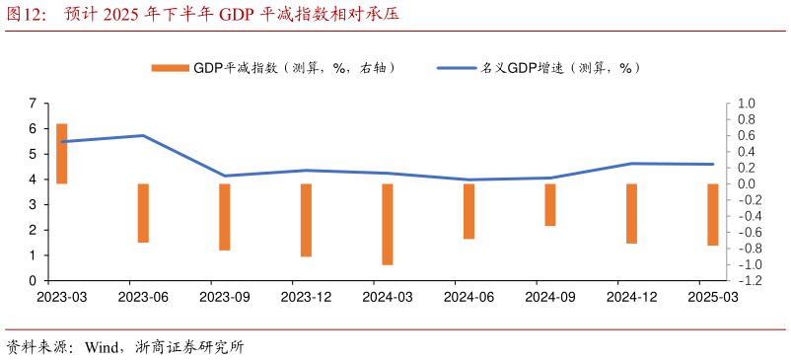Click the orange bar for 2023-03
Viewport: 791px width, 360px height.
(62, 154)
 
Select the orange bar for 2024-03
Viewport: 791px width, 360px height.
(388, 224)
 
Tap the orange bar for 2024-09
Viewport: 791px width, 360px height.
(550, 204)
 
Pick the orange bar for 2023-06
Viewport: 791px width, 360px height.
(143, 213)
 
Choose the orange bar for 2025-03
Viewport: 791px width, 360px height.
(713, 214)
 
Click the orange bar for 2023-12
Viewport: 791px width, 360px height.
(306, 220)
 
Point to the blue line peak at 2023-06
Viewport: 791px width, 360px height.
(143, 135)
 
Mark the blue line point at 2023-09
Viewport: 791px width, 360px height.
(225, 176)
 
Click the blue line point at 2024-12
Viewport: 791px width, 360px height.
(631, 164)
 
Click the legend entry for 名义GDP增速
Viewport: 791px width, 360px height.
(539, 68)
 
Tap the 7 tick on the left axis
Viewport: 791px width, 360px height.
(33, 104)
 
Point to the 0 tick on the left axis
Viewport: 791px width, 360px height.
(33, 281)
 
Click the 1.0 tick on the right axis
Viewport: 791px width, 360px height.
(746, 104)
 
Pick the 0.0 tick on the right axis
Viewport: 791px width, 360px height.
(746, 184)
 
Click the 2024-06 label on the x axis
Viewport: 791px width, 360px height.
(468, 296)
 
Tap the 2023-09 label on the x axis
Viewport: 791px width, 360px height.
(225, 296)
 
